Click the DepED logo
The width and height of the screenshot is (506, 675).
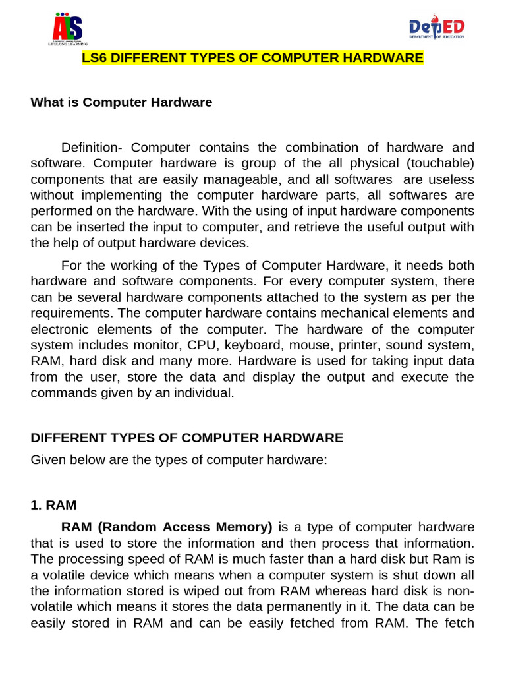point(437,28)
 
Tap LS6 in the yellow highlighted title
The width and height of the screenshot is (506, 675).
point(94,59)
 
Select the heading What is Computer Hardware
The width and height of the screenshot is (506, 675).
point(121,102)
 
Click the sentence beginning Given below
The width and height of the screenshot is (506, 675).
point(179,459)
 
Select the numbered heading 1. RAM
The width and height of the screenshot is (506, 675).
point(53,505)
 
